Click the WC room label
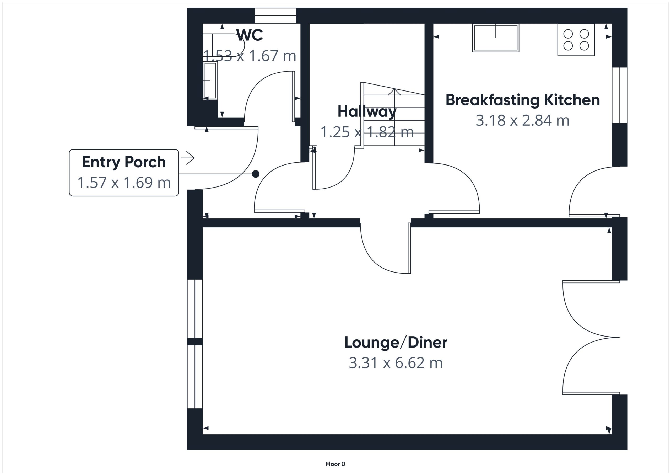point(250,35)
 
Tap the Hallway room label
point(367,111)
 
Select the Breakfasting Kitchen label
point(523,100)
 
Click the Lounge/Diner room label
point(396,343)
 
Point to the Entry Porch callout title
point(124,162)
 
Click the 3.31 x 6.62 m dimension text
point(396,363)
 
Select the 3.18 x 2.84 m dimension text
point(523,120)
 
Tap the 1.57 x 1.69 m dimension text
point(124,183)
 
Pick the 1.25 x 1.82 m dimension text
point(367,132)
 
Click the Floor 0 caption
point(335,464)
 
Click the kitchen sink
point(496,38)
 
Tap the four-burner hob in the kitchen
point(576,40)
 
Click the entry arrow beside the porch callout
point(188,158)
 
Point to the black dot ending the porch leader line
point(256,174)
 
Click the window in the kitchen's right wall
point(620,95)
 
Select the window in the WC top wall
point(275,15)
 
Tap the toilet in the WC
point(224,45)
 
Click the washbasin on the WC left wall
point(210,81)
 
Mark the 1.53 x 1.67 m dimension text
point(250,56)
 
